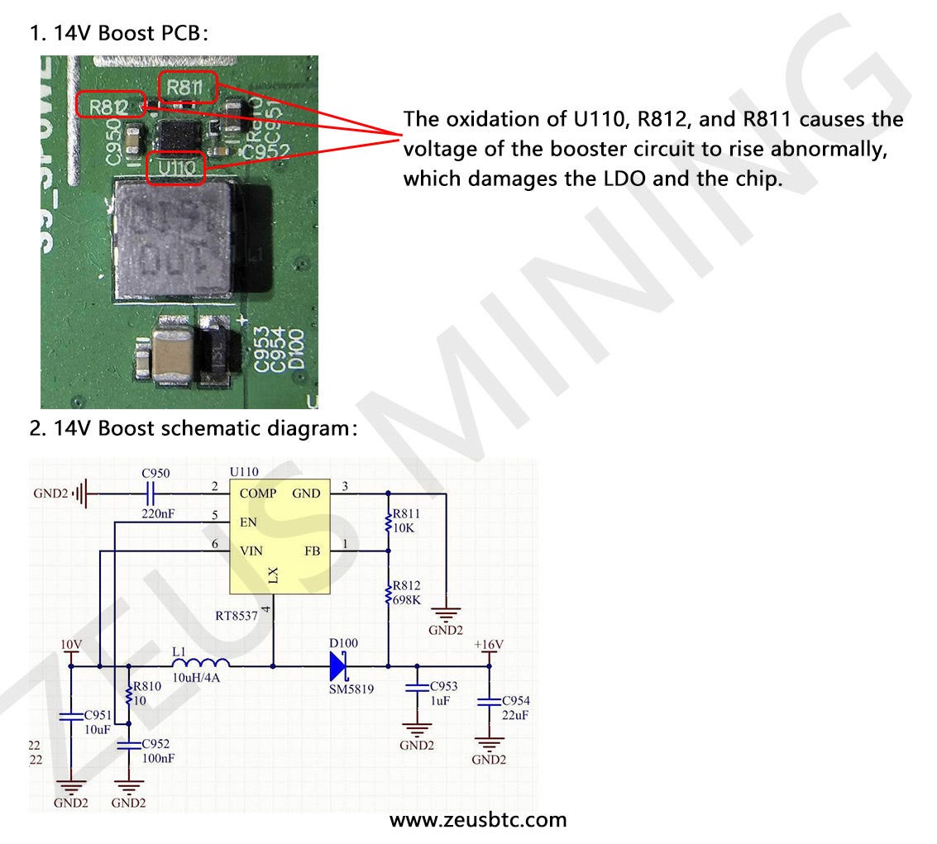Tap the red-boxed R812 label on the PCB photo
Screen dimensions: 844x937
(x=109, y=106)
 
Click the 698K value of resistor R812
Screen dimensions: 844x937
(x=408, y=600)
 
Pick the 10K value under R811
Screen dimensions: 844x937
(x=404, y=528)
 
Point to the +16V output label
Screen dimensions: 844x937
(x=488, y=644)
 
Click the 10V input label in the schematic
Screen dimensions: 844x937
(x=71, y=644)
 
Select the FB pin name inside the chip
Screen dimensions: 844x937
(x=312, y=551)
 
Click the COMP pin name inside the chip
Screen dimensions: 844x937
(x=259, y=494)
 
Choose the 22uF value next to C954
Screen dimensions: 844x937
(x=515, y=715)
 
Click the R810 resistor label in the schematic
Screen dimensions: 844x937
(x=147, y=685)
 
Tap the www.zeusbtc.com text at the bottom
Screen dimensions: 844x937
(x=478, y=820)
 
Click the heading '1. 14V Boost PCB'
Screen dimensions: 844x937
(x=119, y=34)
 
